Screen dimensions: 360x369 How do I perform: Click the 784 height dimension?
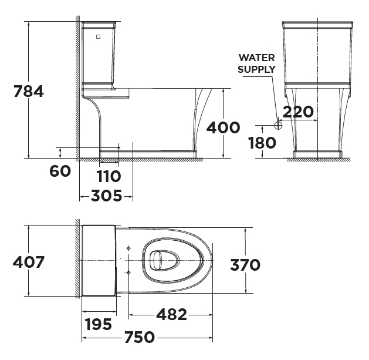point(28,92)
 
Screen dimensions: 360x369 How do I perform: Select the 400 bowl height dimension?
point(224,127)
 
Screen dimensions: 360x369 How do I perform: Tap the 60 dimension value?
point(60,171)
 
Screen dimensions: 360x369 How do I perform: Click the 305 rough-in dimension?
point(106,196)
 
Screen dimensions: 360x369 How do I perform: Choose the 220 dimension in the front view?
point(297,111)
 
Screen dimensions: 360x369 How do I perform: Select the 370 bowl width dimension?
point(245,265)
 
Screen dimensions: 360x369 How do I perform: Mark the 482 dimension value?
point(171,315)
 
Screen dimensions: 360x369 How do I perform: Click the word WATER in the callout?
point(257,58)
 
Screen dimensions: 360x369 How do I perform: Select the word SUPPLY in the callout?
point(257,69)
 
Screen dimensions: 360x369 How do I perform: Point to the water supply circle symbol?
point(279,125)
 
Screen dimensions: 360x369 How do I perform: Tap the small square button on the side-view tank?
point(98,36)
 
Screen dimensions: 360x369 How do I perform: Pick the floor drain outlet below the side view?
point(109,161)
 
